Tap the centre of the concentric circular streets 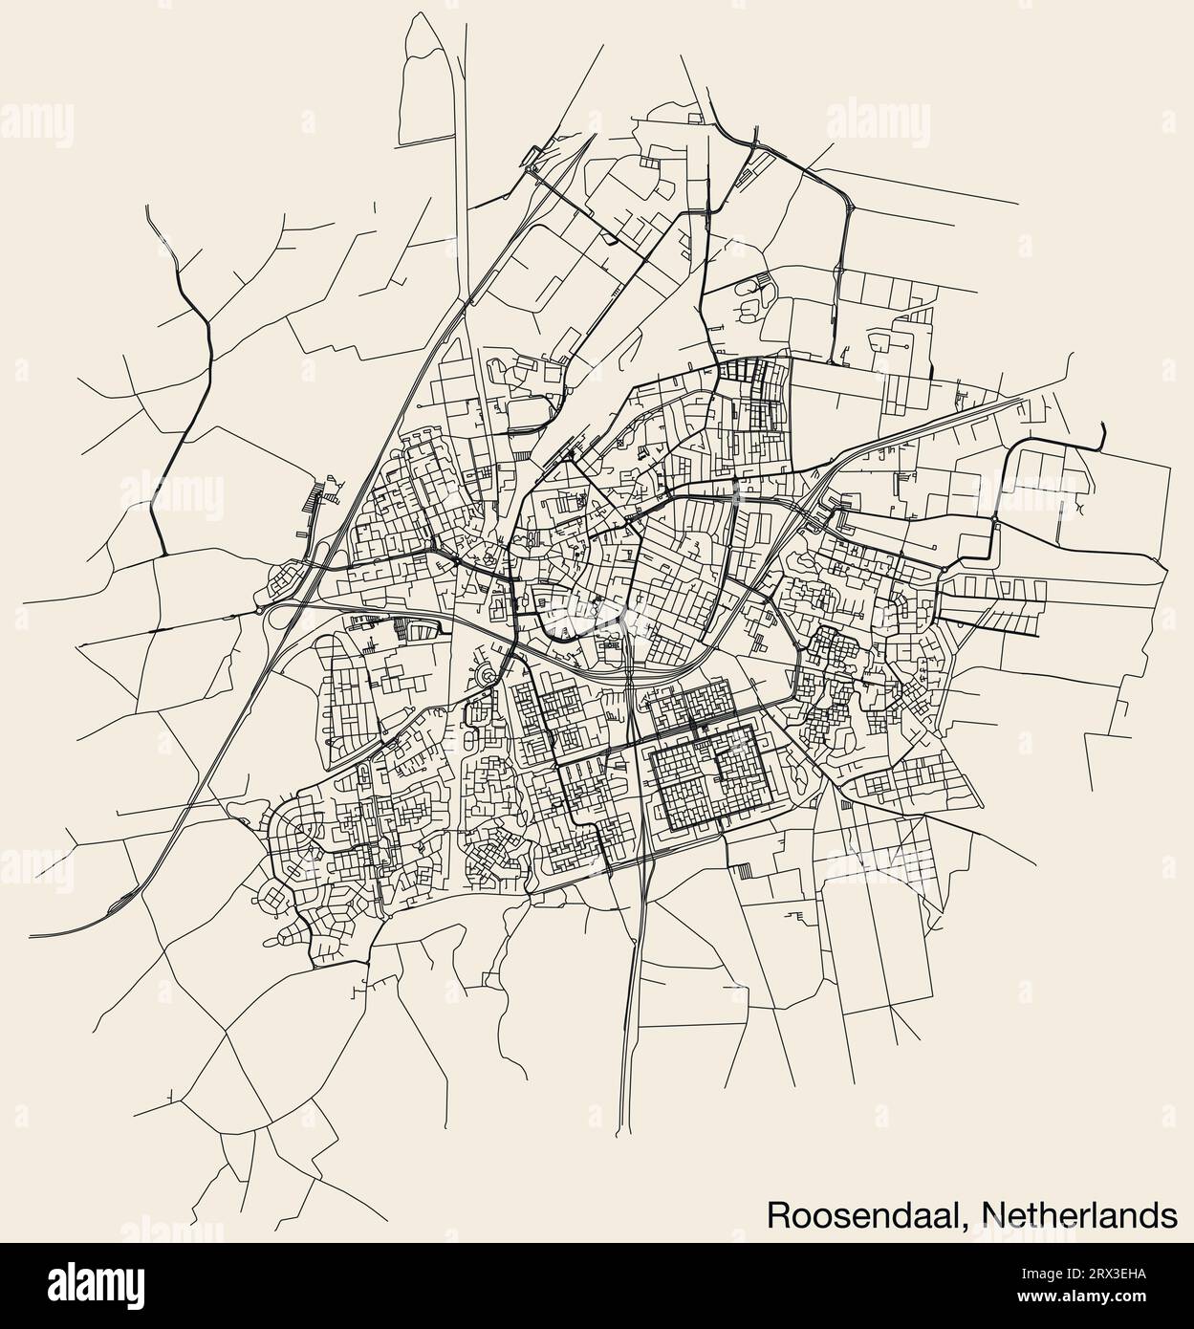[x=488, y=676]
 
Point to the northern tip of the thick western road [x=148, y=207]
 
